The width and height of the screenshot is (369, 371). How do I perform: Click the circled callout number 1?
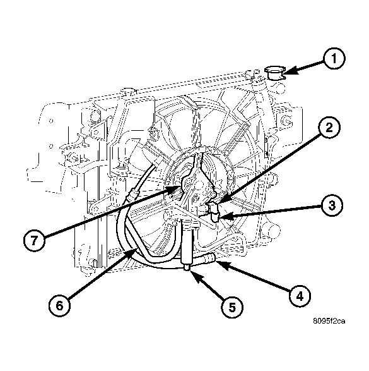tap(335, 60)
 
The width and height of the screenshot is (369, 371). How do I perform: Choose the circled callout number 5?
tap(231, 307)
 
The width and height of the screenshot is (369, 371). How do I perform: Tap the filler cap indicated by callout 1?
tap(274, 72)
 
